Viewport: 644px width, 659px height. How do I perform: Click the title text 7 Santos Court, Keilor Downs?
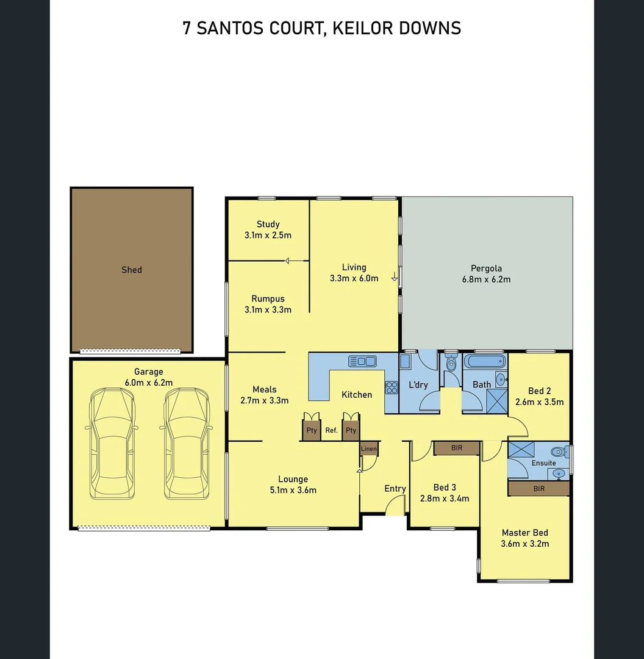click(x=322, y=28)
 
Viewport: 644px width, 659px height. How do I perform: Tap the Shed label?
click(x=132, y=270)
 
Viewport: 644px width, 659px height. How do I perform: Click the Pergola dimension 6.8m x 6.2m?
click(x=486, y=279)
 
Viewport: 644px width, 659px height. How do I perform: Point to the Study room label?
click(x=268, y=224)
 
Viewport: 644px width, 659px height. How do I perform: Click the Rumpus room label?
click(x=268, y=299)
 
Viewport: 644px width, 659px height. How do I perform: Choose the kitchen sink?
click(x=362, y=361)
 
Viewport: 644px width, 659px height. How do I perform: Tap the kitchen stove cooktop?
click(x=391, y=386)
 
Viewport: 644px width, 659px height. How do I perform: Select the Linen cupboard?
click(x=369, y=449)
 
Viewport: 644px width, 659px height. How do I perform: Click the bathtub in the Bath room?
click(x=485, y=361)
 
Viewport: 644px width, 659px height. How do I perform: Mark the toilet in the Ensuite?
click(x=557, y=452)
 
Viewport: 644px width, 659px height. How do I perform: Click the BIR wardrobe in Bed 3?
click(x=456, y=448)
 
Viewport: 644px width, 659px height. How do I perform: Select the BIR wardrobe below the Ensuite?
click(x=538, y=489)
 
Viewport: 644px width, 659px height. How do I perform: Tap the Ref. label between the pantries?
click(x=332, y=430)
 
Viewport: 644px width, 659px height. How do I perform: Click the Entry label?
click(x=395, y=488)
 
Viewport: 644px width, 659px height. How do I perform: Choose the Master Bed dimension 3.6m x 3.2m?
click(x=524, y=544)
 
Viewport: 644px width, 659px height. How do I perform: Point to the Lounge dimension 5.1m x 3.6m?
click(x=293, y=490)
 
